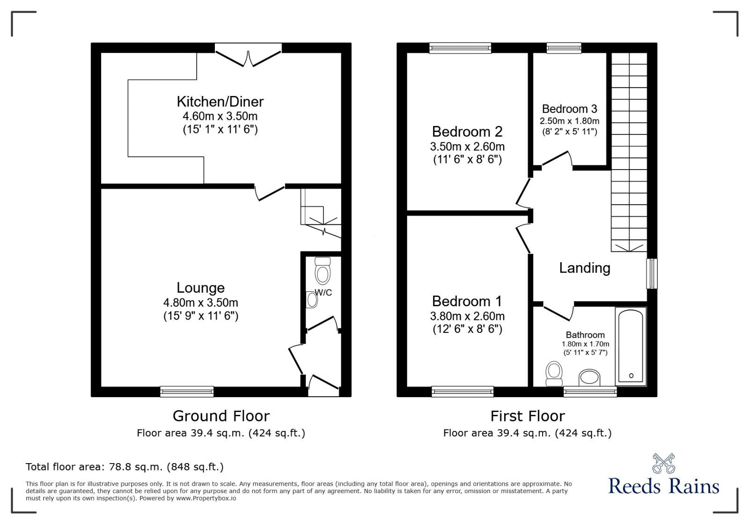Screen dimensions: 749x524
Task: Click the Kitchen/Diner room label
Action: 220,102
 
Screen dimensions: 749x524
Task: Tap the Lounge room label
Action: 201,288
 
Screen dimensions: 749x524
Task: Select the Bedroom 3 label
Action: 569,109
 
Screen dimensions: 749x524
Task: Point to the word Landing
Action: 585,268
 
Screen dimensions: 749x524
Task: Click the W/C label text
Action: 323,293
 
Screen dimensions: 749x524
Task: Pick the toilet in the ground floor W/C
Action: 323,271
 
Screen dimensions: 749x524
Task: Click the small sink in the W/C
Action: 311,300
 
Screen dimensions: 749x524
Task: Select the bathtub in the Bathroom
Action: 631,346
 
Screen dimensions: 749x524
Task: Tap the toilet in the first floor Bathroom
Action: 554,374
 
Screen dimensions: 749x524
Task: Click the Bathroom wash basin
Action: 589,377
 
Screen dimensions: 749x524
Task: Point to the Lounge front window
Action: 187,391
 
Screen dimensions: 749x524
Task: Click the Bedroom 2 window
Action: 461,48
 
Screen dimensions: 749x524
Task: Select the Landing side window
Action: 652,273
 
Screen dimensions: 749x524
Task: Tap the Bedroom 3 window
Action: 564,48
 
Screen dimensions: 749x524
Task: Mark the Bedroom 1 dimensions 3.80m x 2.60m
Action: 467,316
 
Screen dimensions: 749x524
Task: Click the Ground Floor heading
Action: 221,416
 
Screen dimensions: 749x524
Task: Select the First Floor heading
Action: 528,416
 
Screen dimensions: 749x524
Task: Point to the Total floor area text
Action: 125,467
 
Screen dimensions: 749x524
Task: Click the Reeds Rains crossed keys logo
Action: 663,464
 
